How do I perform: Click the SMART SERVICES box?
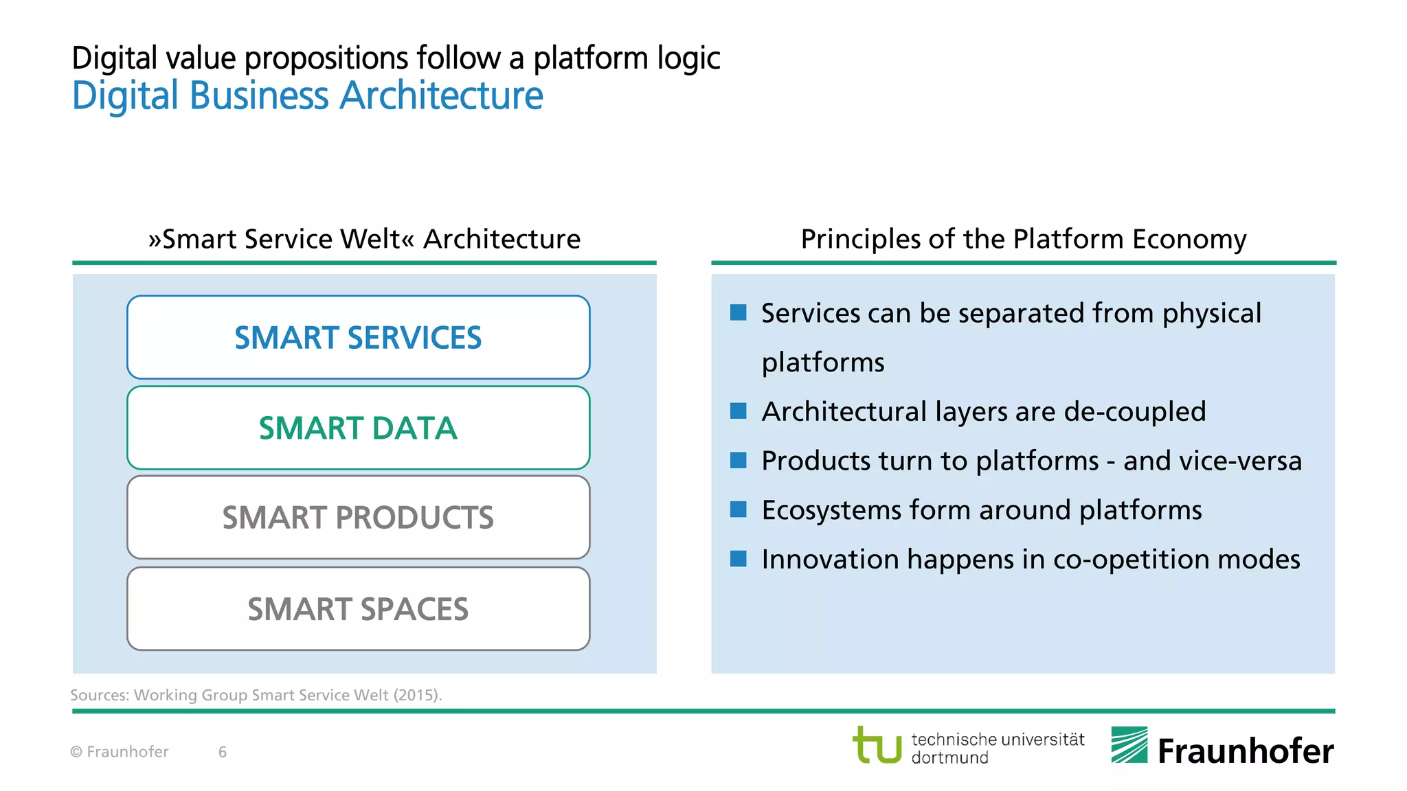click(x=358, y=337)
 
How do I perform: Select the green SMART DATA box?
click(x=358, y=428)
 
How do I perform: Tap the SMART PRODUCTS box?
click(x=358, y=518)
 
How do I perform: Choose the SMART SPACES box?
click(x=358, y=609)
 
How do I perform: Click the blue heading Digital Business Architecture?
click(x=307, y=95)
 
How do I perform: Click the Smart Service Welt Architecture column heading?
click(x=364, y=239)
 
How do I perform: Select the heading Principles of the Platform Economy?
click(x=1023, y=239)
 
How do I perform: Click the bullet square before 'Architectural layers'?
click(x=738, y=411)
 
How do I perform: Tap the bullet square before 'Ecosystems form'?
click(x=738, y=509)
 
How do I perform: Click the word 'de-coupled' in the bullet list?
click(x=1134, y=412)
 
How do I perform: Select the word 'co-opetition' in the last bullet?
click(x=1131, y=560)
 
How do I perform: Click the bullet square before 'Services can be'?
click(x=738, y=313)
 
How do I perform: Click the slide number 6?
click(x=223, y=752)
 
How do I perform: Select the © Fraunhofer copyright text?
click(x=120, y=752)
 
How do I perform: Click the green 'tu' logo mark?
click(x=877, y=746)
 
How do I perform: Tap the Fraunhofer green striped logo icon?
click(x=1129, y=745)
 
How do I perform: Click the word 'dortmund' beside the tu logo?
click(x=949, y=758)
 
